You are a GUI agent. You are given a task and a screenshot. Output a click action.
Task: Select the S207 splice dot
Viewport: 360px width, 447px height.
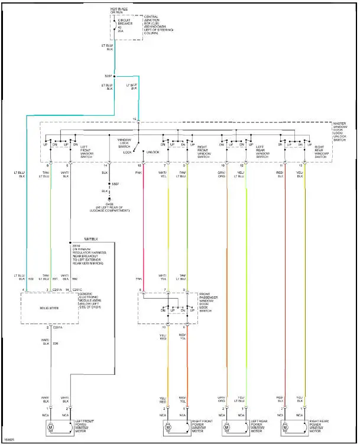coord(115,76)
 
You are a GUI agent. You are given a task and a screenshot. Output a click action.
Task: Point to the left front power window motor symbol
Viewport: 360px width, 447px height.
coord(50,427)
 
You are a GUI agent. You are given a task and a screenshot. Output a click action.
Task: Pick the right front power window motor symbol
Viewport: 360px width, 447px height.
coord(168,427)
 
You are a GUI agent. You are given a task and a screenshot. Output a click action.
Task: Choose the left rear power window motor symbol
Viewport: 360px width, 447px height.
coord(226,427)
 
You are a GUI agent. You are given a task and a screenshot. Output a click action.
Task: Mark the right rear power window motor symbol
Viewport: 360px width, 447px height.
coord(286,427)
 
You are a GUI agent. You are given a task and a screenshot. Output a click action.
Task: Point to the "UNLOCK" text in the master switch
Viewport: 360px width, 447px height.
coord(153,152)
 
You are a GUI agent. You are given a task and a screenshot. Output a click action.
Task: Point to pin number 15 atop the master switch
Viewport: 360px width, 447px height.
coord(134,119)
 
